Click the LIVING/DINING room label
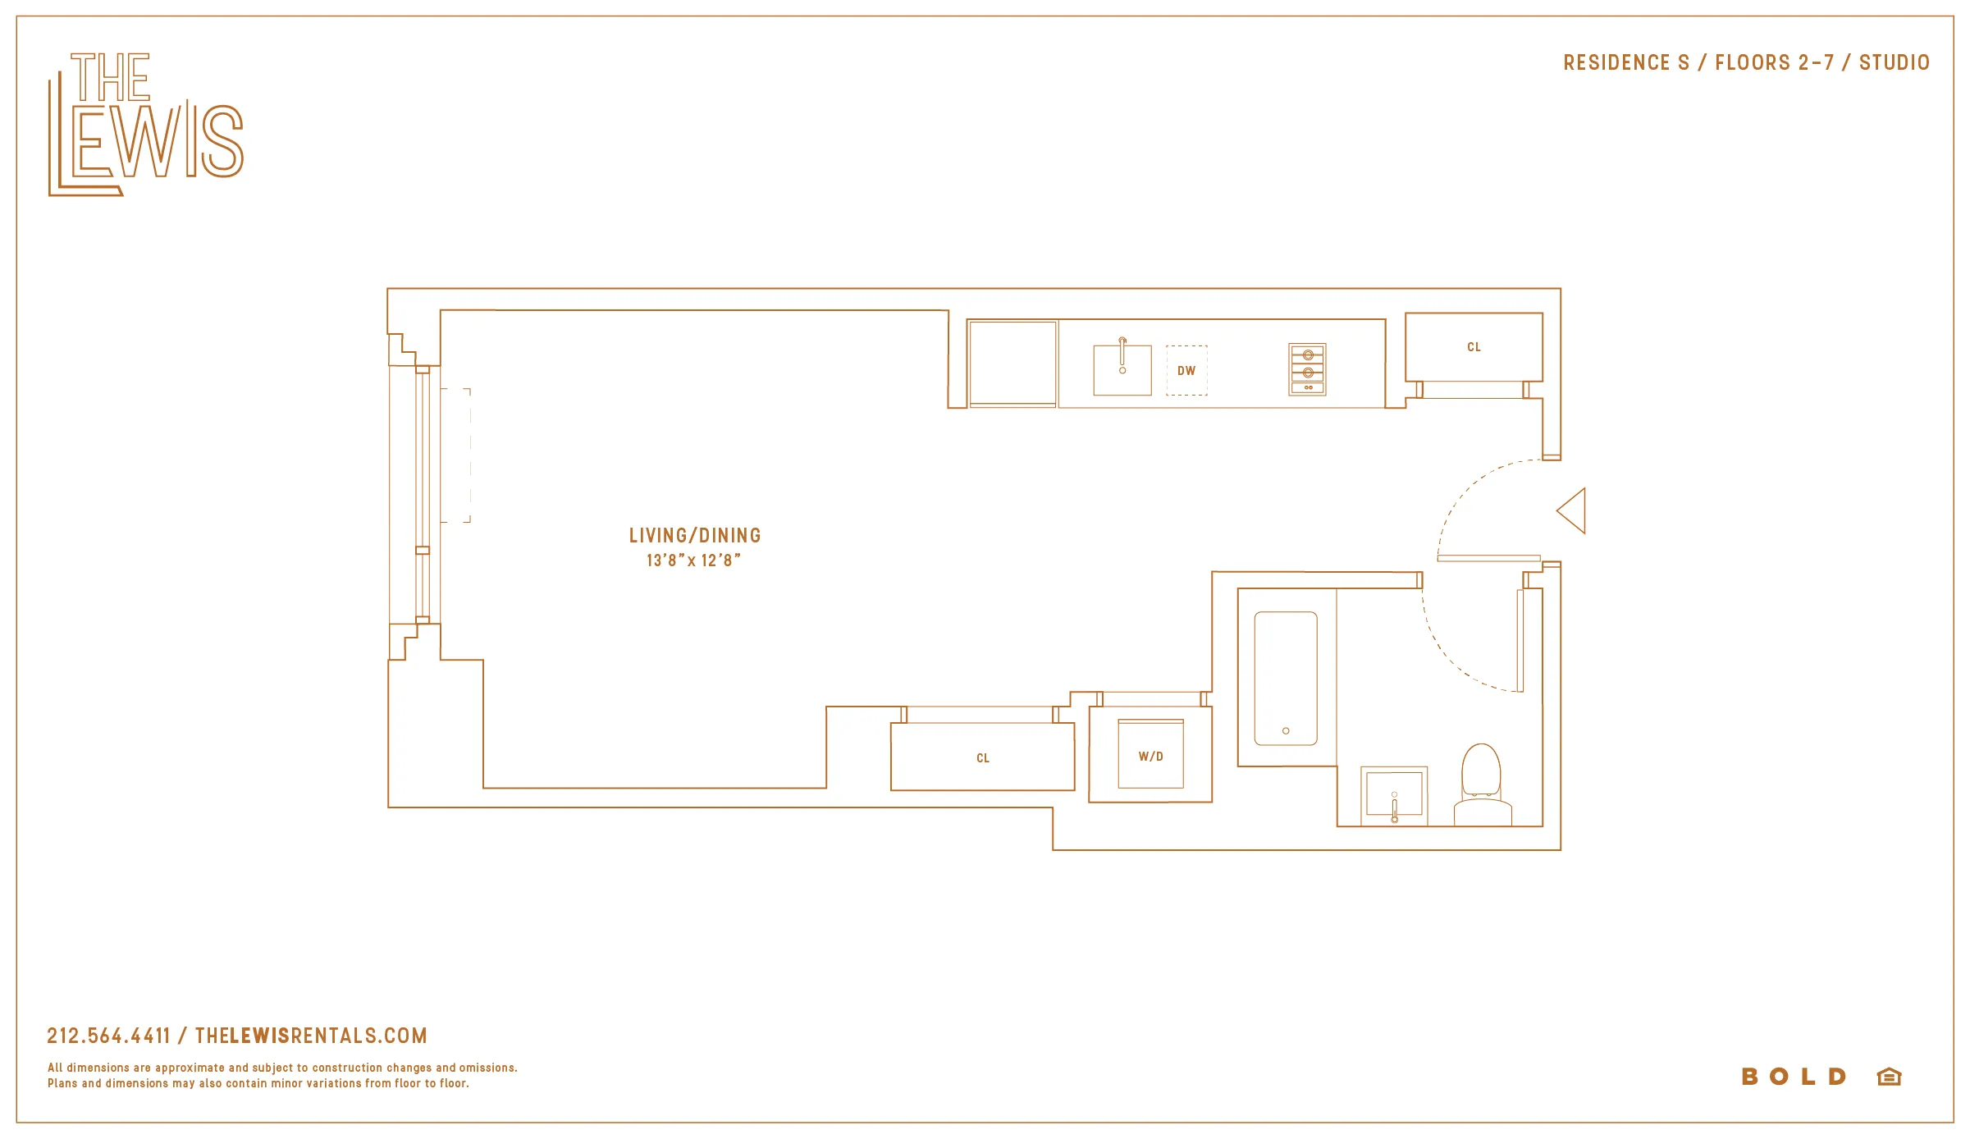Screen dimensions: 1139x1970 (695, 536)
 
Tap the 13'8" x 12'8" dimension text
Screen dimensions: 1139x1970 (693, 560)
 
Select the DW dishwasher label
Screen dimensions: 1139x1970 (1186, 371)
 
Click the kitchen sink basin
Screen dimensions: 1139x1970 (1122, 370)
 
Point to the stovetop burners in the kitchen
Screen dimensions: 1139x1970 (1307, 369)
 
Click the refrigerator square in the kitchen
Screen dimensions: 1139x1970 (1012, 363)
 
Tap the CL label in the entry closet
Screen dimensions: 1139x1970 (1474, 347)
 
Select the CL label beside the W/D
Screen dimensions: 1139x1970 (983, 758)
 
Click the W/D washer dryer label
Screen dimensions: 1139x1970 (1150, 757)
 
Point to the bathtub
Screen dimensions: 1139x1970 (1286, 679)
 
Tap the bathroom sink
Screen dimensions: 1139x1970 (1394, 795)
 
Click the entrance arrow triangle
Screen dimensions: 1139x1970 (1574, 511)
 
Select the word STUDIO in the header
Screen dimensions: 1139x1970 (1894, 63)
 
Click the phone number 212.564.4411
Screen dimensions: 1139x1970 (108, 1036)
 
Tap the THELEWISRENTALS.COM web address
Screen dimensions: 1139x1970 (311, 1036)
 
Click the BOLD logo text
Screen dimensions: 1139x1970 (1794, 1077)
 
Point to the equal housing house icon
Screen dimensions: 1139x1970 (1889, 1077)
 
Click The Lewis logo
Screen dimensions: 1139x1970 (145, 125)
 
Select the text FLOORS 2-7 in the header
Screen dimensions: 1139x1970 (1774, 63)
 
